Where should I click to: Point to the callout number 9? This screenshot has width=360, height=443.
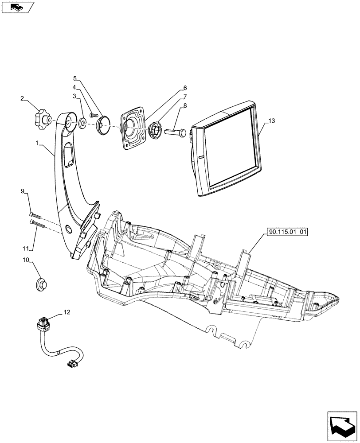click(22, 191)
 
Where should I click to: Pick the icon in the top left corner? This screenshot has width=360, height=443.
click(18, 7)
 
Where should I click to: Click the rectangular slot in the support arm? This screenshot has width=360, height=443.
click(70, 156)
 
